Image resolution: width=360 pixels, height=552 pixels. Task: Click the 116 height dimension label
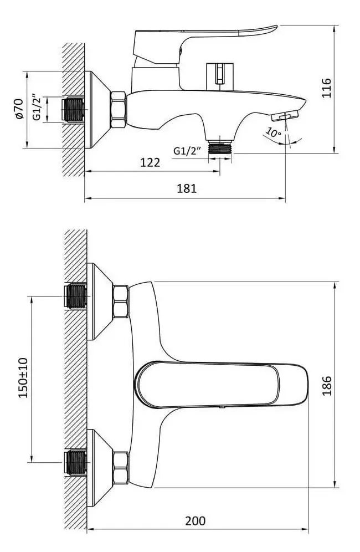(327, 88)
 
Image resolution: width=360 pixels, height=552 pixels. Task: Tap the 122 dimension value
(150, 162)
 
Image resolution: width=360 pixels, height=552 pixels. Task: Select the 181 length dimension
(187, 188)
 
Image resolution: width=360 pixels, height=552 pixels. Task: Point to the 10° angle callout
(274, 132)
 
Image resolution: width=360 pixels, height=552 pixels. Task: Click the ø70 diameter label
(18, 109)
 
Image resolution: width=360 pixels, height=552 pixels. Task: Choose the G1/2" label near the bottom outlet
(187, 151)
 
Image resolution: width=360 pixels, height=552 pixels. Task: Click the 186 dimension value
(327, 386)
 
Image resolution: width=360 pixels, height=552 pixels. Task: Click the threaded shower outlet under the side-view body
(220, 147)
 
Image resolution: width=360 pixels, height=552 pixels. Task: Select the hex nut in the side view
(119, 109)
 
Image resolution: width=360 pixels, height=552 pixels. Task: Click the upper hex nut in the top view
(120, 302)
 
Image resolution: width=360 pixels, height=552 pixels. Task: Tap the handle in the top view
(222, 384)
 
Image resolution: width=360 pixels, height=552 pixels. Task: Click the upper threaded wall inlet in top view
(76, 297)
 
